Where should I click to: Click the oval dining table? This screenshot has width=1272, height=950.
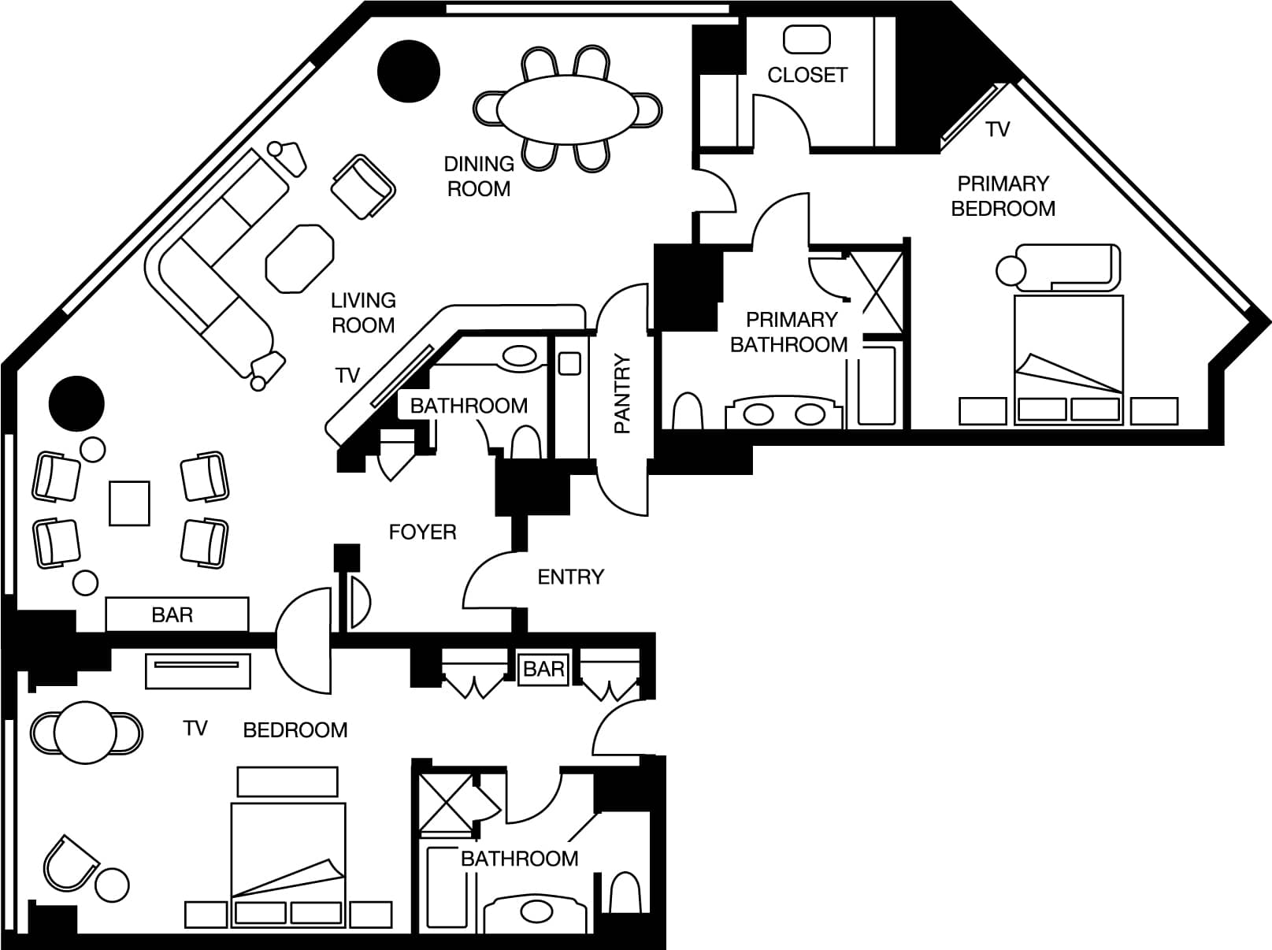tap(568, 109)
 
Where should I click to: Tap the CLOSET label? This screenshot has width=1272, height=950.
tap(807, 75)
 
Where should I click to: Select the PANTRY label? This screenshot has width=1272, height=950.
tap(621, 394)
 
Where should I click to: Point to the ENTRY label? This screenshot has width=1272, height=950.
tap(571, 577)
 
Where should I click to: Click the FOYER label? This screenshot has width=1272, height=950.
tap(422, 532)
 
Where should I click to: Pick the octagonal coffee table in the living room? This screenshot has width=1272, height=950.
tap(299, 258)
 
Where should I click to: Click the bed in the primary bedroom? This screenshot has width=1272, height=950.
tap(1069, 360)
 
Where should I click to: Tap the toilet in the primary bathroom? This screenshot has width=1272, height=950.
tap(688, 411)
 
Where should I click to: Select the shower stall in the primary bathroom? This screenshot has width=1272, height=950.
tap(877, 292)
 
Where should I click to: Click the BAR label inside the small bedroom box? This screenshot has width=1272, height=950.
tap(543, 669)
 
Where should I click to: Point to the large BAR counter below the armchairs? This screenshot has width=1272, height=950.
tap(176, 614)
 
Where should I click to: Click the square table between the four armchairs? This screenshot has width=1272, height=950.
tap(129, 503)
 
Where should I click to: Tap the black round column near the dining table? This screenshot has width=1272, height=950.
tap(409, 72)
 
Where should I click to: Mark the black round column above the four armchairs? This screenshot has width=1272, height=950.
tap(76, 403)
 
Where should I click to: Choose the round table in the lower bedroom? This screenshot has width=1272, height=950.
tap(86, 732)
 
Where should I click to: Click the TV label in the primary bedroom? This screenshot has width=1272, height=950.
tap(997, 129)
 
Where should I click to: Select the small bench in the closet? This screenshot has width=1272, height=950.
tap(807, 40)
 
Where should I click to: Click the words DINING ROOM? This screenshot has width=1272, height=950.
tap(479, 176)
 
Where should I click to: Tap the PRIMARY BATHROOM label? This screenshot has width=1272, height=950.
tap(788, 332)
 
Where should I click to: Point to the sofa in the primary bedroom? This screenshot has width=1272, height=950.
tap(1067, 267)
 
